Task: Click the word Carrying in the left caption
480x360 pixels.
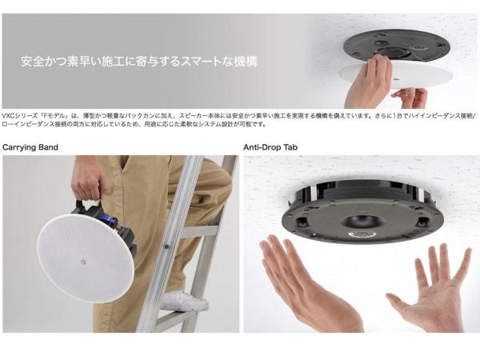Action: (19, 147)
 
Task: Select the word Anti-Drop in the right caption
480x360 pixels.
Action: (262, 147)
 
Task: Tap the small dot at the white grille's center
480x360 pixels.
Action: (83, 261)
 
